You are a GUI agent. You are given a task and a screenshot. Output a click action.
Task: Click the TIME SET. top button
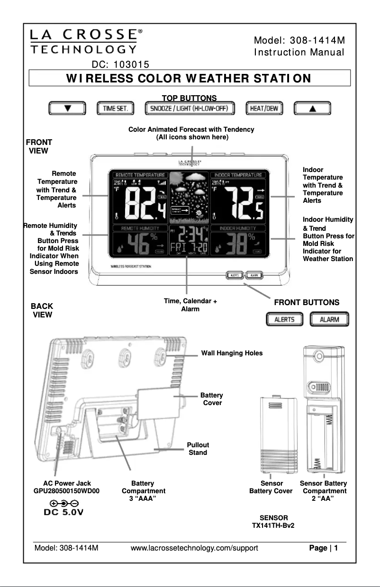pyautogui.click(x=116, y=108)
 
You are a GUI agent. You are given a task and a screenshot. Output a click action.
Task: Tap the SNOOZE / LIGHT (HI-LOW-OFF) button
pyautogui.click(x=190, y=108)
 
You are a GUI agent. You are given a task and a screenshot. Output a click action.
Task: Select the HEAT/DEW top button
pyautogui.click(x=264, y=108)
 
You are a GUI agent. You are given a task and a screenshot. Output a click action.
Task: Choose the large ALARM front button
pyautogui.click(x=329, y=319)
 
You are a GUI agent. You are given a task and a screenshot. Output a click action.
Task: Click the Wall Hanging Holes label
pyautogui.click(x=232, y=353)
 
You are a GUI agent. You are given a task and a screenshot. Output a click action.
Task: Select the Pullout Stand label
pyautogui.click(x=198, y=449)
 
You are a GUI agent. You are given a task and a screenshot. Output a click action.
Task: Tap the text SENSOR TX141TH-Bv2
pyautogui.click(x=272, y=522)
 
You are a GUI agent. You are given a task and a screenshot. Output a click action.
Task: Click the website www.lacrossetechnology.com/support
pyautogui.click(x=194, y=549)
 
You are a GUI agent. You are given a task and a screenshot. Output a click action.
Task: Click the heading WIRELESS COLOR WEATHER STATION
pyautogui.click(x=189, y=78)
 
